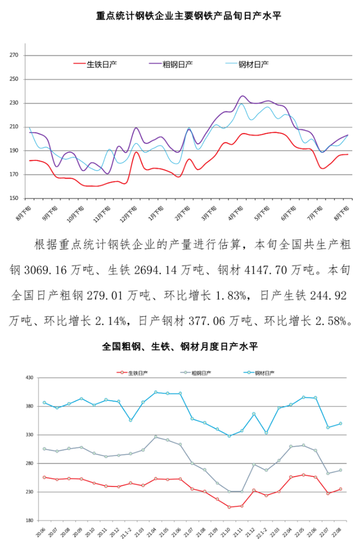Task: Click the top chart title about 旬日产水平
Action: (181, 16)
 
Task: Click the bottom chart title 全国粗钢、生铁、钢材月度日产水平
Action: (180, 346)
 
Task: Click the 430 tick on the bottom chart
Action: (28, 378)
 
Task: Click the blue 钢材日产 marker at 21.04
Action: (155, 392)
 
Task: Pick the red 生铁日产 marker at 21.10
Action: (230, 507)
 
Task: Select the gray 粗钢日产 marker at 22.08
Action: (340, 470)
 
